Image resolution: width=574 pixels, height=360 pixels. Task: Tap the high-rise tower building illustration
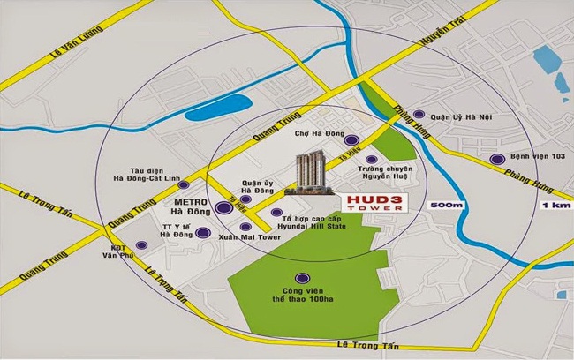[311, 176]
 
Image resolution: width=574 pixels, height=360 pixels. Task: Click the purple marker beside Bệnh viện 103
[495, 160]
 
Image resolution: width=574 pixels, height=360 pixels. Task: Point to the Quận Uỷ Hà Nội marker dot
[419, 115]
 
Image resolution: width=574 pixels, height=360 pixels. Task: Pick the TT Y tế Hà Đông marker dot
[203, 233]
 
